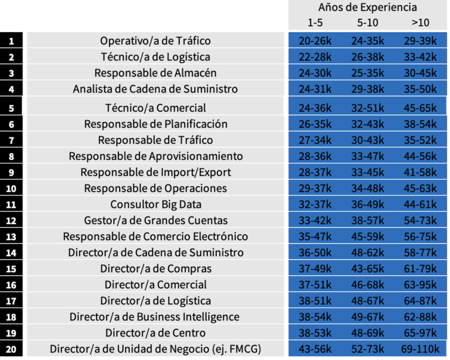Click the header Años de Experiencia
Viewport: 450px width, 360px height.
point(367,8)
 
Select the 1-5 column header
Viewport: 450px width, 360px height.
point(315,23)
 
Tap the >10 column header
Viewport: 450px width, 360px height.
point(420,23)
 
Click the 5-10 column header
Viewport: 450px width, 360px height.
point(367,23)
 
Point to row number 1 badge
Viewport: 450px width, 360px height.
point(12,41)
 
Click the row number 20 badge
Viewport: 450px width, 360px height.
point(12,349)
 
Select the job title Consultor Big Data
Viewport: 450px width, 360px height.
point(155,204)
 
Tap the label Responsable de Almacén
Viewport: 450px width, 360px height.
point(155,73)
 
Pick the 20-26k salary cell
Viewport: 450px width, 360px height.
point(315,41)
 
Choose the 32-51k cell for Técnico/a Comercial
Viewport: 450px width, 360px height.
point(367,108)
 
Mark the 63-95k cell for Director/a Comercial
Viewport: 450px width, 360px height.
point(420,285)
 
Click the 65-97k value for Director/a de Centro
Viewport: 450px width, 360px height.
point(420,333)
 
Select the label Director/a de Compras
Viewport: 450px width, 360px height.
point(155,269)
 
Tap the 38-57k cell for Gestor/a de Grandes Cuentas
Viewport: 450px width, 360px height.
point(367,221)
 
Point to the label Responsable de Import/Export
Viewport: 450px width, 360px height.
point(155,172)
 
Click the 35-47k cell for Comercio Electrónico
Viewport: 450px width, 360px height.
point(315,236)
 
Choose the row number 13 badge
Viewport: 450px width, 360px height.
point(12,236)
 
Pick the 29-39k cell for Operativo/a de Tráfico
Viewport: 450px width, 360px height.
point(420,41)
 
